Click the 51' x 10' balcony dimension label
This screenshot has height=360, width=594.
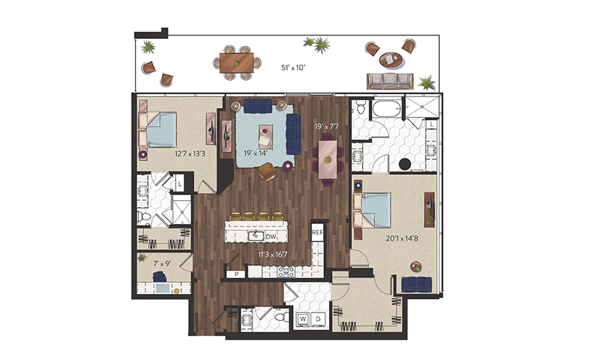click(293, 68)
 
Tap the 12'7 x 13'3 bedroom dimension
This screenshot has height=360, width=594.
click(190, 154)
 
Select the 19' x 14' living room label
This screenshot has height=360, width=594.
click(256, 153)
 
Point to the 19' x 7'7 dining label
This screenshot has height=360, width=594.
click(327, 126)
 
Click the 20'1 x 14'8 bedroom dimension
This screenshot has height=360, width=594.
click(402, 239)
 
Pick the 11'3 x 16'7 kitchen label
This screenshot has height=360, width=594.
click(273, 255)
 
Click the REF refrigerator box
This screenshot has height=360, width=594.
click(317, 233)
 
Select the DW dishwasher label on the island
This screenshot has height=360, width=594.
click(271, 237)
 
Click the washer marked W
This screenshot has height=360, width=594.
click(303, 320)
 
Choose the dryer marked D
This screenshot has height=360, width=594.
click(318, 320)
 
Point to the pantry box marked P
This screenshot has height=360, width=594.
click(236, 274)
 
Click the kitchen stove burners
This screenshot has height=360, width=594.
click(286, 271)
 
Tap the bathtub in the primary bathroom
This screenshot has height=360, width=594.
click(387, 108)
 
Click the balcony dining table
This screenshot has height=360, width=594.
click(237, 63)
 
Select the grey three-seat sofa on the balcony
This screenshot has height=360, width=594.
click(390, 81)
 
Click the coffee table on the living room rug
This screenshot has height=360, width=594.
click(266, 136)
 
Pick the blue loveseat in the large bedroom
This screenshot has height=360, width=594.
click(417, 284)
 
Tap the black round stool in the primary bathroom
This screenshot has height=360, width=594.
click(405, 164)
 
